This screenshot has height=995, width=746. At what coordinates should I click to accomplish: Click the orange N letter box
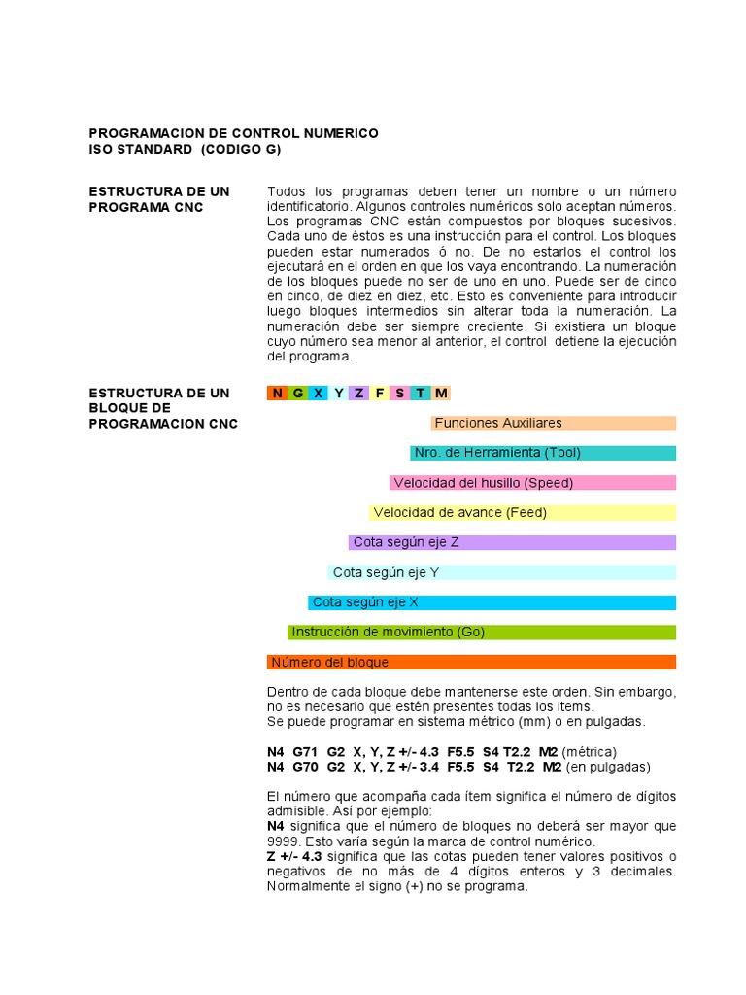tap(278, 393)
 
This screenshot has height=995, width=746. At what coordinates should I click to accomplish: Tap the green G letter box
tap(298, 393)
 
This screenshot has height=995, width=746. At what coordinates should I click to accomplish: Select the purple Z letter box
tap(359, 393)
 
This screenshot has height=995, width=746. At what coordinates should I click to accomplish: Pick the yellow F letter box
tap(380, 393)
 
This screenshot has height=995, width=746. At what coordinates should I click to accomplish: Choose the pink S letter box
tap(400, 393)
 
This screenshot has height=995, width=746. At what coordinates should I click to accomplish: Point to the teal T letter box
tap(421, 393)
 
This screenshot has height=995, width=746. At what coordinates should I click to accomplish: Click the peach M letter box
tap(441, 393)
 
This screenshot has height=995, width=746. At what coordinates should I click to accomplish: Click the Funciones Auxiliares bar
tap(554, 423)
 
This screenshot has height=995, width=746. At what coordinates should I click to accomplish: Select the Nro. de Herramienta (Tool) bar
tap(543, 453)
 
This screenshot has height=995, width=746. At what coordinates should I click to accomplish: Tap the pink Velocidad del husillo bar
tap(533, 483)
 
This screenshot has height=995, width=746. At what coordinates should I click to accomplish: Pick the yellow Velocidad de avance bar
tap(523, 512)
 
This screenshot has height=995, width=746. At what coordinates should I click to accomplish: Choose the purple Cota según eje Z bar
tap(512, 542)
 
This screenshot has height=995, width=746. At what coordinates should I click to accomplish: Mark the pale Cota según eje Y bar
tap(502, 572)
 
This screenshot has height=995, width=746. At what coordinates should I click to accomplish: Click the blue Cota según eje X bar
tap(492, 602)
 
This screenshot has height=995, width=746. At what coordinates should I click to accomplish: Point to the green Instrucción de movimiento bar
tap(482, 632)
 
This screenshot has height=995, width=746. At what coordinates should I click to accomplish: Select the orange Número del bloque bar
tap(471, 662)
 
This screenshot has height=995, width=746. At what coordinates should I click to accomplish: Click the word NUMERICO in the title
tap(334, 132)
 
